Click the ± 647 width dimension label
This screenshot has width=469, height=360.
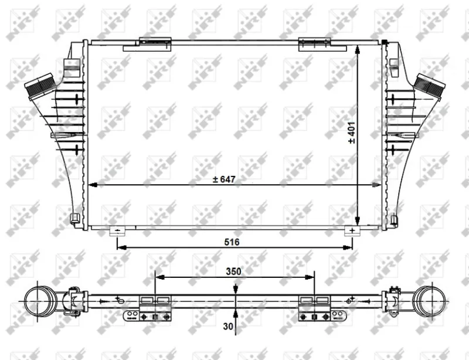click(224, 179)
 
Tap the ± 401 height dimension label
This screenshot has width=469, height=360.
click(352, 133)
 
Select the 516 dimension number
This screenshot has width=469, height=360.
click(232, 242)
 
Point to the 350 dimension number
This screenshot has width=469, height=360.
click(233, 271)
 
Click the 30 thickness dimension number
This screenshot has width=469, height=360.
click(228, 326)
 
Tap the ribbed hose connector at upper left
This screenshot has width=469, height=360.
click(40, 86)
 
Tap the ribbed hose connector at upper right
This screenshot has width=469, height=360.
click(430, 86)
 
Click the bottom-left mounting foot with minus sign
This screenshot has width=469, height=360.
click(118, 231)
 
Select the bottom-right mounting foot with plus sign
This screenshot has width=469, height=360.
click(352, 231)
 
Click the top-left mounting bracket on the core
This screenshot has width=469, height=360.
click(147, 45)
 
